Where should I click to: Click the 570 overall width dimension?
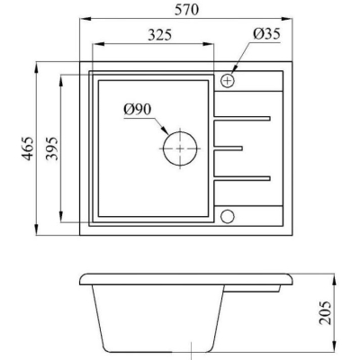[x=186, y=9]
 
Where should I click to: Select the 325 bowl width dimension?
[x=160, y=35]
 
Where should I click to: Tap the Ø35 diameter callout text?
[x=266, y=33]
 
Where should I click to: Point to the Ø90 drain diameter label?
[x=138, y=110]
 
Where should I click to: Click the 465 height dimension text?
[x=28, y=148]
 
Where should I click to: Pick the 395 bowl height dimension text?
[x=52, y=148]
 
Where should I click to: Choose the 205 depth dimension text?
[x=325, y=312]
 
